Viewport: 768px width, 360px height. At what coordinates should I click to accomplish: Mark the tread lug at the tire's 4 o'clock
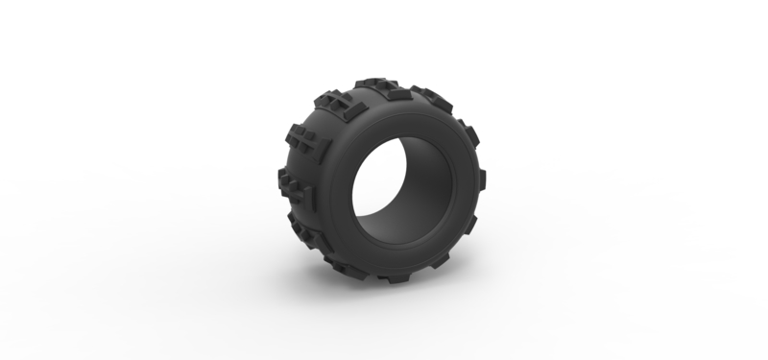470,226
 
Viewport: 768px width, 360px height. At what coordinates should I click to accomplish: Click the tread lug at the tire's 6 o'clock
394,278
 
